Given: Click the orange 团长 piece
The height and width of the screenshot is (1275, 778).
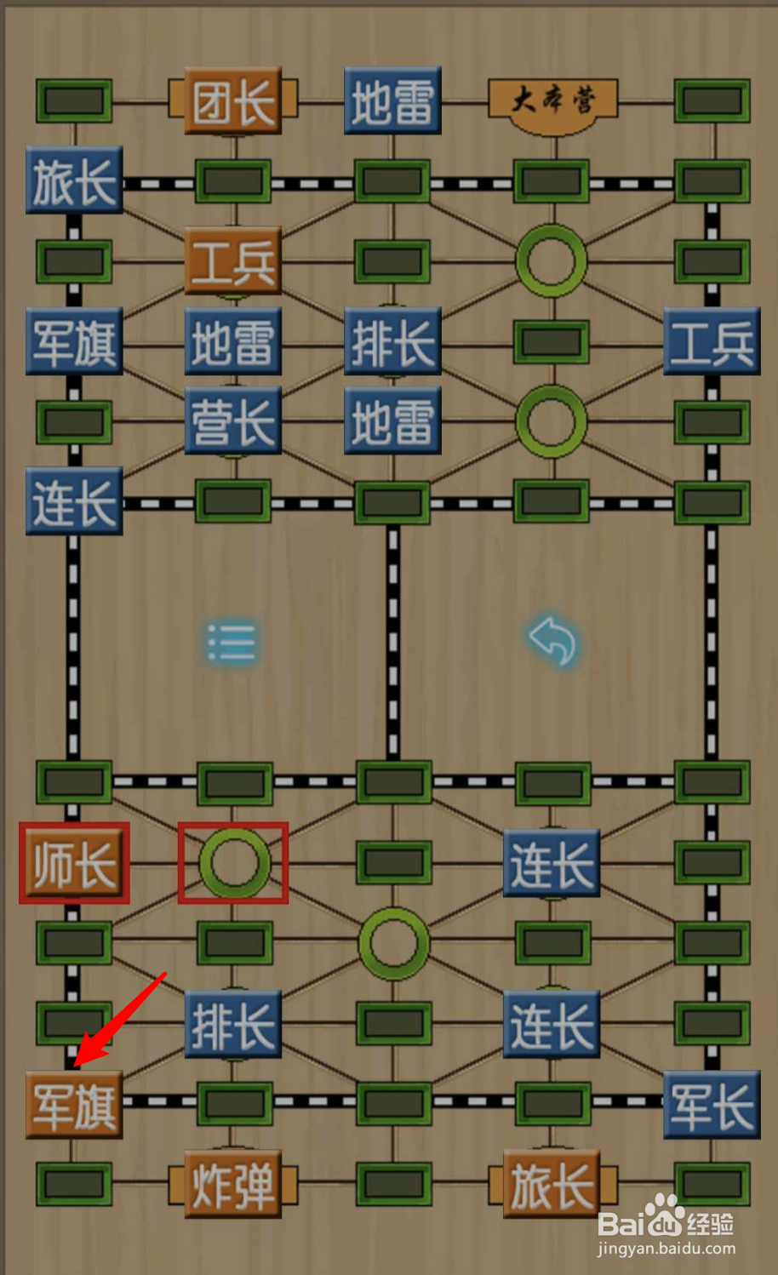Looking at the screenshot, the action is (232, 102).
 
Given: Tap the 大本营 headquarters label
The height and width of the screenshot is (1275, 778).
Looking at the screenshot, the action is (552, 102).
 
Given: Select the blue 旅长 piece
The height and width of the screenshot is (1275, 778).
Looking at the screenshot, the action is (74, 180).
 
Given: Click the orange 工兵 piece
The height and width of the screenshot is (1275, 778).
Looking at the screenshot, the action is (232, 261).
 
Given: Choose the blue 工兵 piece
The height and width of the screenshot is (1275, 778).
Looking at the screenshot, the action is (712, 341).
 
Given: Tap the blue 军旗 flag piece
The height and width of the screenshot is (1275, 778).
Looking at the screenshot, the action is (74, 341).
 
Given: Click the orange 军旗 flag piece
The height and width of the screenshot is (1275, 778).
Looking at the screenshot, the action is (74, 1105).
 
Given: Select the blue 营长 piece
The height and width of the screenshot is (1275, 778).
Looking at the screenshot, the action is (232, 421).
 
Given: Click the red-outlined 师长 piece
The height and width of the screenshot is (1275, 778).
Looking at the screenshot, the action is (74, 863).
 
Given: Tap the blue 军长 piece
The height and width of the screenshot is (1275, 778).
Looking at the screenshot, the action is (712, 1105).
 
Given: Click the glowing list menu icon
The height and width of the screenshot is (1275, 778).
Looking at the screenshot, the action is (232, 642).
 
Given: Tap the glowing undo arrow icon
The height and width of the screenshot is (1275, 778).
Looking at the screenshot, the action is (552, 640).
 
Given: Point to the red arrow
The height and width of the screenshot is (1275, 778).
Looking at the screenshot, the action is (119, 1021).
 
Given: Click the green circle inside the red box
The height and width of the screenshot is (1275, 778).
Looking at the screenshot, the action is (233, 863).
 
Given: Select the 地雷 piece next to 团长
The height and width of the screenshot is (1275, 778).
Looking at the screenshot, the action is (392, 102).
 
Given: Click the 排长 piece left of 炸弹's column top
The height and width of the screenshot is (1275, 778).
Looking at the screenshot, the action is (232, 1024).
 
